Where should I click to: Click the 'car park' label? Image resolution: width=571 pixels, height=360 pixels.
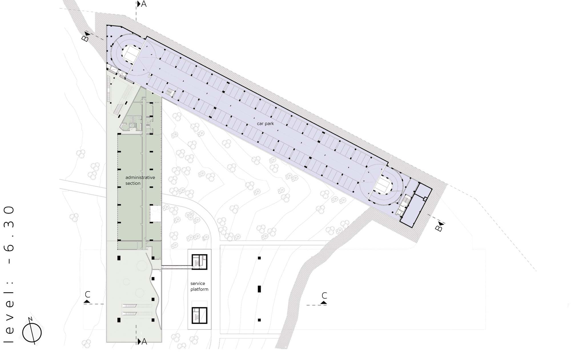coord(265,124)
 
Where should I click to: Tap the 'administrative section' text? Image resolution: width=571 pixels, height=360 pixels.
coord(140,180)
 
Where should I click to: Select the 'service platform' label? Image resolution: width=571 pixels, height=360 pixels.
coord(199,286)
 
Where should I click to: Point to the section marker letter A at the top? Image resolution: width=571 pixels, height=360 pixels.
coord(144,4)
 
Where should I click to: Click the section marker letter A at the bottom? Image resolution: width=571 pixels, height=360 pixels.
coord(144,341)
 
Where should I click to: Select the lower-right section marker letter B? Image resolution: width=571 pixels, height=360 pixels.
coord(439,228)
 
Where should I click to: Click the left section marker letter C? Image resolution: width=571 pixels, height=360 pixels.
coord(87,294)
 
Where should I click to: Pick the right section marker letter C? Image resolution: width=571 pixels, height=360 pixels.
coord(324,295)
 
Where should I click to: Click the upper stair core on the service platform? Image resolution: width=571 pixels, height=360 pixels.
coord(199,262)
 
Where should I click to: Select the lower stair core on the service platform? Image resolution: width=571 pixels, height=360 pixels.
coord(199,315)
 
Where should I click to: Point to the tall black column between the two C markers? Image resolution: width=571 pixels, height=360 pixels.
coord(259,289)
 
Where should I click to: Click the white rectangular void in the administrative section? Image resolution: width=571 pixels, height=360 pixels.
coord(156,214)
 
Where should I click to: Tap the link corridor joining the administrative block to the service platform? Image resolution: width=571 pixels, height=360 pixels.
coord(176,268)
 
